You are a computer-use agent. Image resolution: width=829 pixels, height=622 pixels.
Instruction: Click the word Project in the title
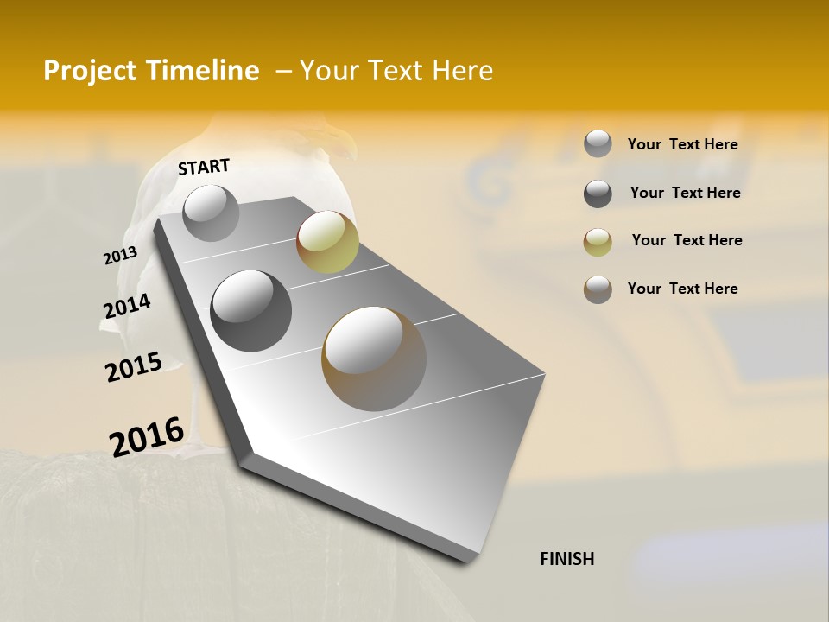[x=89, y=71]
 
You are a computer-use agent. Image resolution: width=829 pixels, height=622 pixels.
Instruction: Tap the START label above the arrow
[x=204, y=166]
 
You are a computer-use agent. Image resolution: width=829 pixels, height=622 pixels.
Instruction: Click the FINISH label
[x=566, y=559]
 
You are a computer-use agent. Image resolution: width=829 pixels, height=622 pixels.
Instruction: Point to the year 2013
[x=120, y=256]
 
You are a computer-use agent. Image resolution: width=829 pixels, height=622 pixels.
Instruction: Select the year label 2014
[x=127, y=307]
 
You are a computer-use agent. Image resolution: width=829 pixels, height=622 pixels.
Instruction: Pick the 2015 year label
[x=134, y=367]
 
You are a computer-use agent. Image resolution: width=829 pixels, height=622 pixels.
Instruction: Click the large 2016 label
[x=147, y=436]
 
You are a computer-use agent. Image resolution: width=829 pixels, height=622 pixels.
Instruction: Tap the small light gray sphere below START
[x=212, y=213]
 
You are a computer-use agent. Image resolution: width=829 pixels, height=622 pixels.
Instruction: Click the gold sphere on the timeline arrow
[x=327, y=241]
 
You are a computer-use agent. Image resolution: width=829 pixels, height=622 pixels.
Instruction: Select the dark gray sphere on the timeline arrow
[x=250, y=310]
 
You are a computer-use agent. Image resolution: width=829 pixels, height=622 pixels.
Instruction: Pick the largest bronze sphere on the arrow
[x=373, y=358]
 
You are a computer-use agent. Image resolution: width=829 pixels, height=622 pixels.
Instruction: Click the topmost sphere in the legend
[x=598, y=143]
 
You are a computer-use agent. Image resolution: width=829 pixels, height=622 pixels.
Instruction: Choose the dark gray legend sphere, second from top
[x=598, y=194]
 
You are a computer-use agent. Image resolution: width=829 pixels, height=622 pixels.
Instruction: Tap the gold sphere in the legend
[x=598, y=242]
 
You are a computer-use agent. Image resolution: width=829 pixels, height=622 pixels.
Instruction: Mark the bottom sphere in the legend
[x=598, y=289]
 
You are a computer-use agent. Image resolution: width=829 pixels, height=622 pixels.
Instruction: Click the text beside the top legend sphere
[x=682, y=144]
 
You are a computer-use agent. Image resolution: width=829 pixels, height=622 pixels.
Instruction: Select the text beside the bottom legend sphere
[x=682, y=289]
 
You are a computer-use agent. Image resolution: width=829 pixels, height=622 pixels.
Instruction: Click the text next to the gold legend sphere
[x=687, y=240]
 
